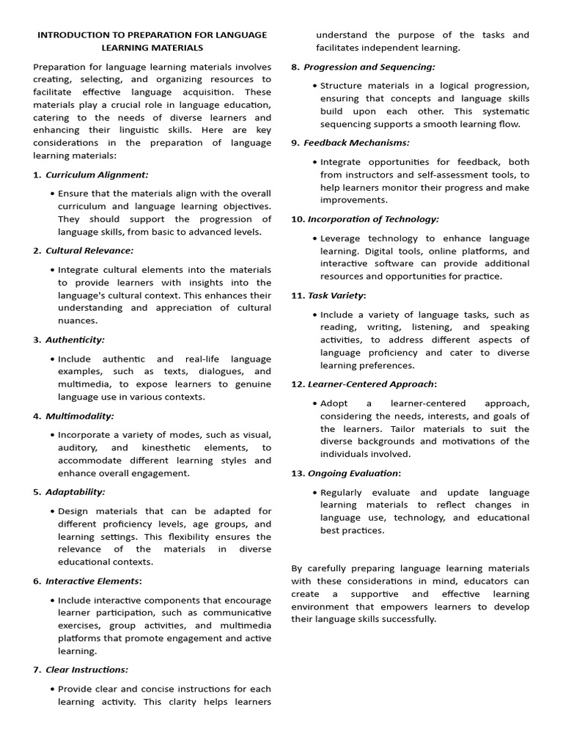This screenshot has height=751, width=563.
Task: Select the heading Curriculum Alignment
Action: point(97,175)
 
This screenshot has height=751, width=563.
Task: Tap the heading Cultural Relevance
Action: point(89,251)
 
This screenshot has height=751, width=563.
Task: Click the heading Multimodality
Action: point(80,416)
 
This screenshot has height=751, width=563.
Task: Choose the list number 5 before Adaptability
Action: point(37,491)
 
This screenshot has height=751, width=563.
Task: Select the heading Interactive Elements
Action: point(92,581)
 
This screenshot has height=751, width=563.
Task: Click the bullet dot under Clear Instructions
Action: point(53,689)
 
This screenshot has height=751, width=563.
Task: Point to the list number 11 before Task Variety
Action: point(297,295)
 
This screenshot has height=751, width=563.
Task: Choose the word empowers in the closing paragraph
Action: point(398,607)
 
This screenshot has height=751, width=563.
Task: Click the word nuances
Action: point(78,320)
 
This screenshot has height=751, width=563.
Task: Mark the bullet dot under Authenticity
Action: point(53,359)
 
